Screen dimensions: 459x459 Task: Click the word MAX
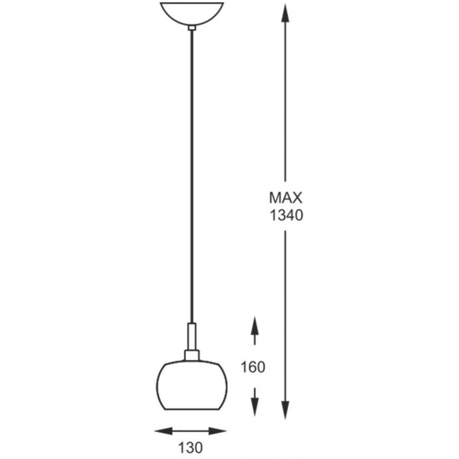(285, 198)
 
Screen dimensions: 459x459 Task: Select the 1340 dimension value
(286, 216)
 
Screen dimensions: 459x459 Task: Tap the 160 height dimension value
(253, 367)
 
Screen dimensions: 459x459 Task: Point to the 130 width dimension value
(190, 448)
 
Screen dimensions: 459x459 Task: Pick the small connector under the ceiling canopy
(192, 28)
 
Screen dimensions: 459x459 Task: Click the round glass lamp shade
(192, 385)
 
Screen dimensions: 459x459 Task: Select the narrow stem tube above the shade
(192, 336)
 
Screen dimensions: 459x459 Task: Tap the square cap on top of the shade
(192, 355)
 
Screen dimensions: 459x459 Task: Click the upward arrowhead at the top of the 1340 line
(285, 13)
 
